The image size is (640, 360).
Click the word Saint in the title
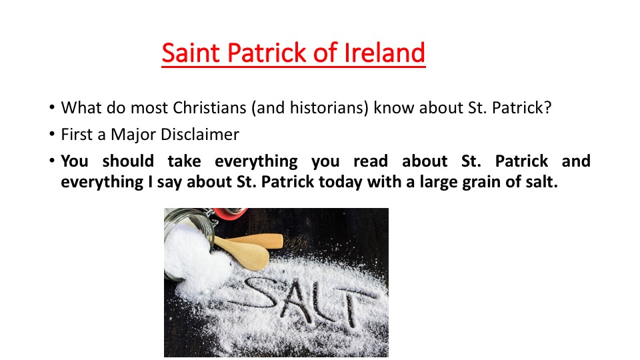click(191, 53)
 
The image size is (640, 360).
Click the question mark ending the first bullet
click(547, 108)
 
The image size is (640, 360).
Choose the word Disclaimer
click(200, 134)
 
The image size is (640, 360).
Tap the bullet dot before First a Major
click(52, 134)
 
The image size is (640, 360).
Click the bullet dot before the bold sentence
click(52, 161)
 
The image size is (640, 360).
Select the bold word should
click(128, 161)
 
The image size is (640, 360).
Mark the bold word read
click(371, 161)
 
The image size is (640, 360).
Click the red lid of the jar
click(230, 212)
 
